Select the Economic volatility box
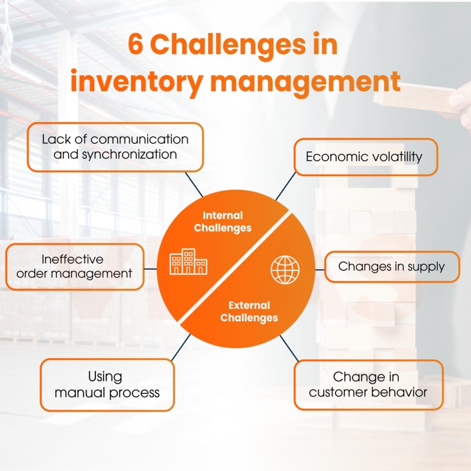click(x=365, y=156)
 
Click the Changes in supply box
click(x=391, y=267)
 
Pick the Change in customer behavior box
click(x=368, y=384)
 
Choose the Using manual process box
click(x=107, y=384)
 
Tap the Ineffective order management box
click(x=74, y=266)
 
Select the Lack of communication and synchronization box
click(x=115, y=147)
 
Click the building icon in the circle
click(x=189, y=263)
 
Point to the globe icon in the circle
click(x=285, y=269)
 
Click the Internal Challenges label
click(x=223, y=222)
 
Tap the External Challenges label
click(x=249, y=311)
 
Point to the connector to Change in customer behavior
click(x=288, y=348)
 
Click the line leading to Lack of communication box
click(x=193, y=184)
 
